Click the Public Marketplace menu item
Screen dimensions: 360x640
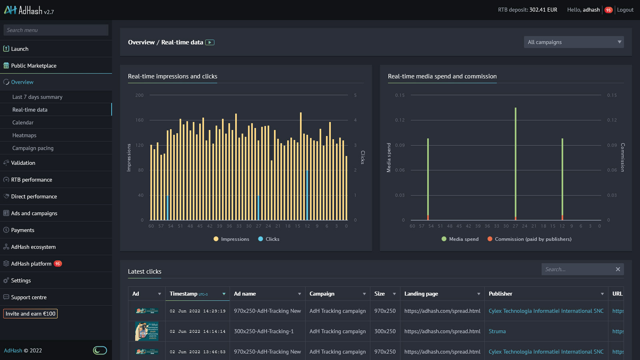tap(34, 66)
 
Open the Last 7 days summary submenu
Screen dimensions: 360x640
tap(37, 97)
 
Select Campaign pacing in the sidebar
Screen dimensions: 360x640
tap(33, 148)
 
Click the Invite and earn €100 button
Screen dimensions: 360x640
tap(30, 314)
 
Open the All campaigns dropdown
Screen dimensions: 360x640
tap(574, 42)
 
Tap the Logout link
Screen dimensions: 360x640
tap(625, 10)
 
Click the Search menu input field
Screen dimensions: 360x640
tap(56, 30)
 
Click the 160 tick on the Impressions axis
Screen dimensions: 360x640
tap(139, 120)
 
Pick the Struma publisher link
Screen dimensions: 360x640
tap(497, 331)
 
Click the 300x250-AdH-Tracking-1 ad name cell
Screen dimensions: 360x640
tap(264, 331)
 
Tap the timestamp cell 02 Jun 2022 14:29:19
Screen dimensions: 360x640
tap(197, 311)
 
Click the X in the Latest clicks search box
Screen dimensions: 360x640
tap(618, 269)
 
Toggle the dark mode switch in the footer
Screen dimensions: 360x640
tap(100, 350)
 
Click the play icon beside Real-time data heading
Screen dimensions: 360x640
tap(210, 42)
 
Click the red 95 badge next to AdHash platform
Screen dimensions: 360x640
tap(58, 264)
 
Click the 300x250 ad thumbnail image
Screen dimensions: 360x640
tap(146, 331)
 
